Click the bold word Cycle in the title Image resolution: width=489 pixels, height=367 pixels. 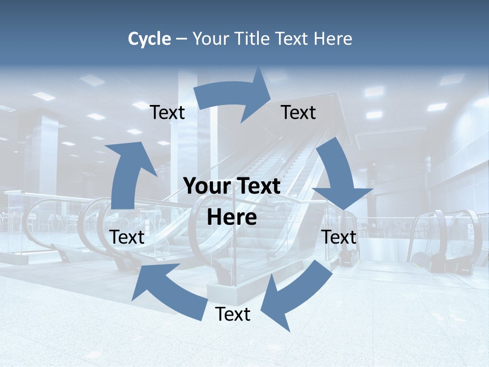pyautogui.click(x=149, y=39)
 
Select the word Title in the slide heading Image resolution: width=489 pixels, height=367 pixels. pyautogui.click(x=253, y=39)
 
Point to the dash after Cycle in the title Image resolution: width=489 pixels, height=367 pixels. pyautogui.click(x=181, y=39)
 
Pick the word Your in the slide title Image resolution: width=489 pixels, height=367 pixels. pyautogui.click(x=211, y=39)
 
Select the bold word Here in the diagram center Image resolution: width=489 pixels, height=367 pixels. pyautogui.click(x=232, y=218)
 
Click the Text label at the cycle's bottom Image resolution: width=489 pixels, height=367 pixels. pyautogui.click(x=233, y=314)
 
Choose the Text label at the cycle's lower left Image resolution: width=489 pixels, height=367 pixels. pyautogui.click(x=127, y=237)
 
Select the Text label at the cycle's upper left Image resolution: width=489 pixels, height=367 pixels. pyautogui.click(x=168, y=113)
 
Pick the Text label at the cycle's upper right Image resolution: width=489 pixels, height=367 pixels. pyautogui.click(x=298, y=112)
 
